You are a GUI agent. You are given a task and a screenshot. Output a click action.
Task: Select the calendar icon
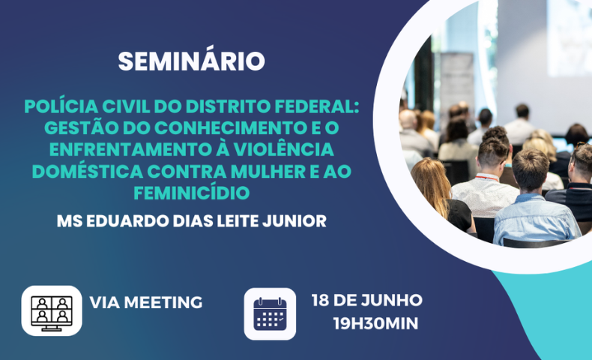270,314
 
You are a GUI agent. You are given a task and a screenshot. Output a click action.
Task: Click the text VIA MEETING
145,302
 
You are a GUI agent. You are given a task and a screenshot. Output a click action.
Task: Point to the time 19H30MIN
375,324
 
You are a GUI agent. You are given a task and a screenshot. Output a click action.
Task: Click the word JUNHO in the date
391,300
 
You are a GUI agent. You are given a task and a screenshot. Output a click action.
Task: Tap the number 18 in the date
320,300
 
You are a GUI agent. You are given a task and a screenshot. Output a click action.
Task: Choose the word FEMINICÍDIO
192,193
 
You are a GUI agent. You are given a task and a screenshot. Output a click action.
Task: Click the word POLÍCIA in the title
61,106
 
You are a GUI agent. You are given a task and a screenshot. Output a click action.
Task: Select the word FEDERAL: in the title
316,106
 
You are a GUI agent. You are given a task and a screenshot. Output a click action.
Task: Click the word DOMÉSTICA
88,171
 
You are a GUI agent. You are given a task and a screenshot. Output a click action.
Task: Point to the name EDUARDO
127,221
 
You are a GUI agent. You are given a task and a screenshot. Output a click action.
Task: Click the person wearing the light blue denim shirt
535,198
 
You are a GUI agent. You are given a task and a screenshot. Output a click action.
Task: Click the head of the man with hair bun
494,148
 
